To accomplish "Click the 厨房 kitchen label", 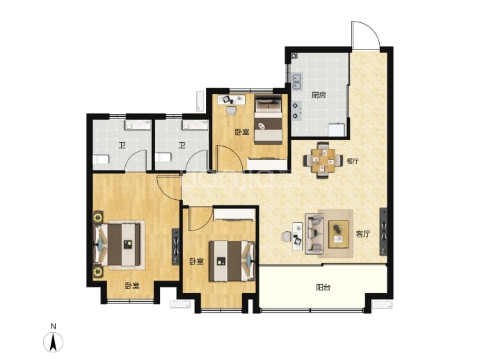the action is coord(319,95).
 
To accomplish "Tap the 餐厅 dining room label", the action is coord(352,161).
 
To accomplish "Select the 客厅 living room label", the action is coord(362,234).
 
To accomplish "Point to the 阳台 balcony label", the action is coord(323,288).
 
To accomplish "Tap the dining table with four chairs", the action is coord(323,160).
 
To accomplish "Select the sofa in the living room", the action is coord(314,234).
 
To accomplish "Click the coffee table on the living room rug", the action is coord(339,234).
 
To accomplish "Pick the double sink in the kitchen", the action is coord(296,81).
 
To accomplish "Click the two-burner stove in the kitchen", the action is coord(296,111).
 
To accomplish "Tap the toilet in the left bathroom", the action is coord(101,159).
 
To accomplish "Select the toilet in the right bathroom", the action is coord(163,157).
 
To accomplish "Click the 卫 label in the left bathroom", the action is coord(122,146).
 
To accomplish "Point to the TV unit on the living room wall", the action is coord(383,232).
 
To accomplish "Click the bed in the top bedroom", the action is coord(268,120).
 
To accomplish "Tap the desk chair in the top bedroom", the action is coord(231,110).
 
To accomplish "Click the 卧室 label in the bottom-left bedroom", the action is coord(132,285).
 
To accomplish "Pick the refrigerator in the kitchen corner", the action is coord(337,130).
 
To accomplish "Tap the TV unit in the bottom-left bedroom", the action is coord(175,246).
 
